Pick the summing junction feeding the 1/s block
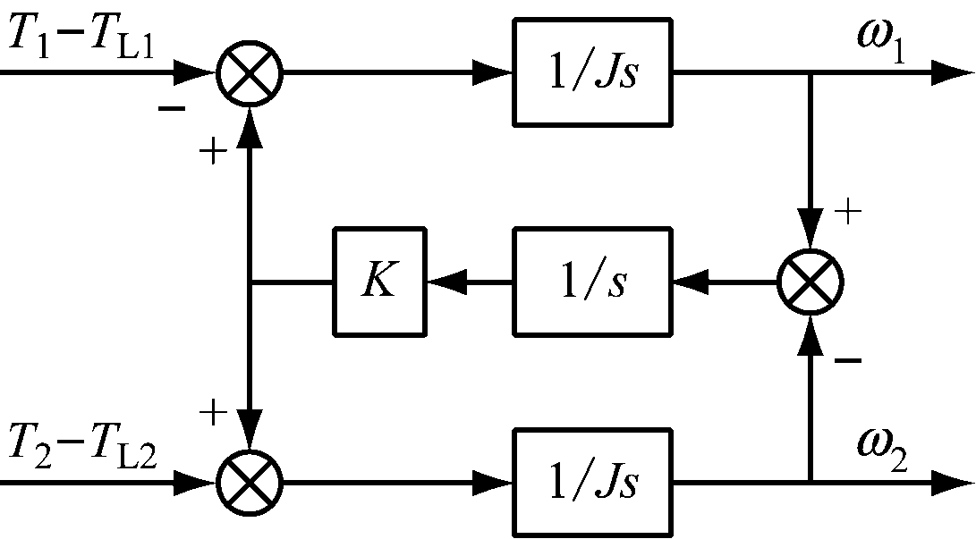click(811, 282)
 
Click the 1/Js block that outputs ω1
click(591, 72)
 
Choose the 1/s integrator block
click(591, 282)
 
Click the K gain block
click(380, 282)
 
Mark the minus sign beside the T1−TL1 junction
click(172, 108)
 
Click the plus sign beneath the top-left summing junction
click(213, 151)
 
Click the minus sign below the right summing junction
click(848, 359)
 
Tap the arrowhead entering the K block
click(440, 282)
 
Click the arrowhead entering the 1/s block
click(684, 282)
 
